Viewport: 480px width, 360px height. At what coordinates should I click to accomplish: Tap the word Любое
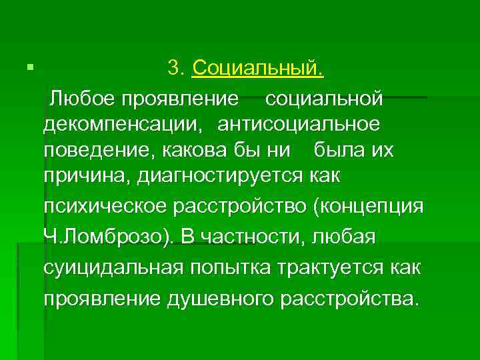[x=81, y=99]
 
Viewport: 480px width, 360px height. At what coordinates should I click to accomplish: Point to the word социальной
[x=324, y=99]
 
